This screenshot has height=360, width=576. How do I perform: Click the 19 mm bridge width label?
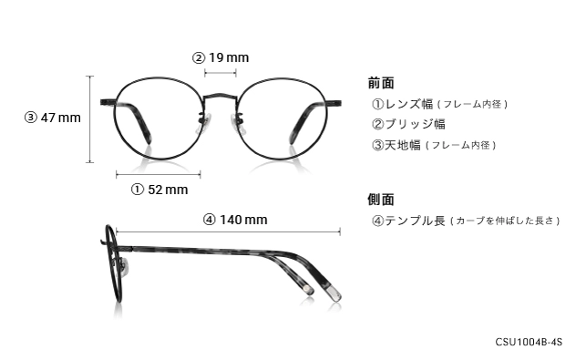point(221,58)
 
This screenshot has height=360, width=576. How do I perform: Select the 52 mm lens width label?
point(159,190)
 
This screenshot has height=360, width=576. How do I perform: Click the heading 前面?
point(381,82)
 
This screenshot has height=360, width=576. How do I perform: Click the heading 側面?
point(381,199)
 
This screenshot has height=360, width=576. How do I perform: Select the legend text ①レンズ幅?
point(401,104)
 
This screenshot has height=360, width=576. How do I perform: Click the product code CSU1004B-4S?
point(529,343)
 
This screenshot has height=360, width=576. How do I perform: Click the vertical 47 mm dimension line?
point(90,118)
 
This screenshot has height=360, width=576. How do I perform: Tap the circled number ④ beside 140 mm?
point(209,219)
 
